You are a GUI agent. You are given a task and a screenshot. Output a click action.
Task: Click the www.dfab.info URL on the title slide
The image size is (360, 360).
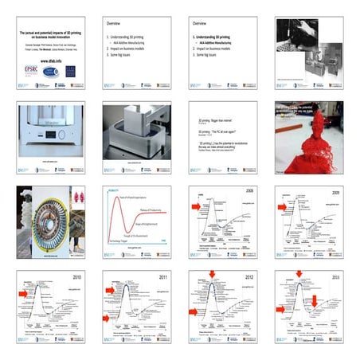pos(46,60)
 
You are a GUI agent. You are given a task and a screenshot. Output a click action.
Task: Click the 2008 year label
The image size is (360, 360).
pos(248,192)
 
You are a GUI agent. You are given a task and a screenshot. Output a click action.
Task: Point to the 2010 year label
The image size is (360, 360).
pos(76,277)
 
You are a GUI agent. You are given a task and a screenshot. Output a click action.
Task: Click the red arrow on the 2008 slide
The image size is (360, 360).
pos(196,205)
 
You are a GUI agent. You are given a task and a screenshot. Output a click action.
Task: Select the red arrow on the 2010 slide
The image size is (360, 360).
pos(23,293)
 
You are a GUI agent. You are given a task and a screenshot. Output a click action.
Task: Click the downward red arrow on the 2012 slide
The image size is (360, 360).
pos(213,276)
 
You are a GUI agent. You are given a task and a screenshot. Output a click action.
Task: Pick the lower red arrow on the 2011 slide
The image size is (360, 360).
pos(109,319)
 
